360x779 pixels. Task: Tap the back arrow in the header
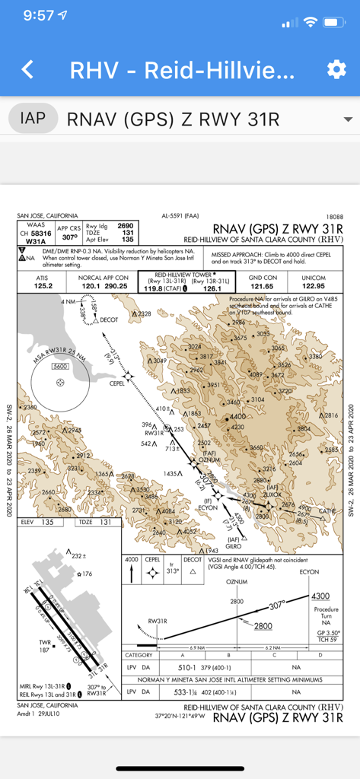pos(27,70)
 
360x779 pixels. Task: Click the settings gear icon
pos(336,70)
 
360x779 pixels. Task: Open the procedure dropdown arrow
pos(348,119)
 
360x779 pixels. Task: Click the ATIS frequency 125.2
pos(41,285)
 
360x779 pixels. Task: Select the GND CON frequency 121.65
pos(263,285)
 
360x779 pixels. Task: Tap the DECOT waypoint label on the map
pos(109,320)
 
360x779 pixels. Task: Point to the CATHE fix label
pos(327,511)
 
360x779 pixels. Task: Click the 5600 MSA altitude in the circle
pos(59,367)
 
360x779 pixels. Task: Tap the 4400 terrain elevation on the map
pos(238,417)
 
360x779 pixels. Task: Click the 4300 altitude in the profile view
pos(321,596)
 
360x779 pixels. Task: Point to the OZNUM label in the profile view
pos(237,582)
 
